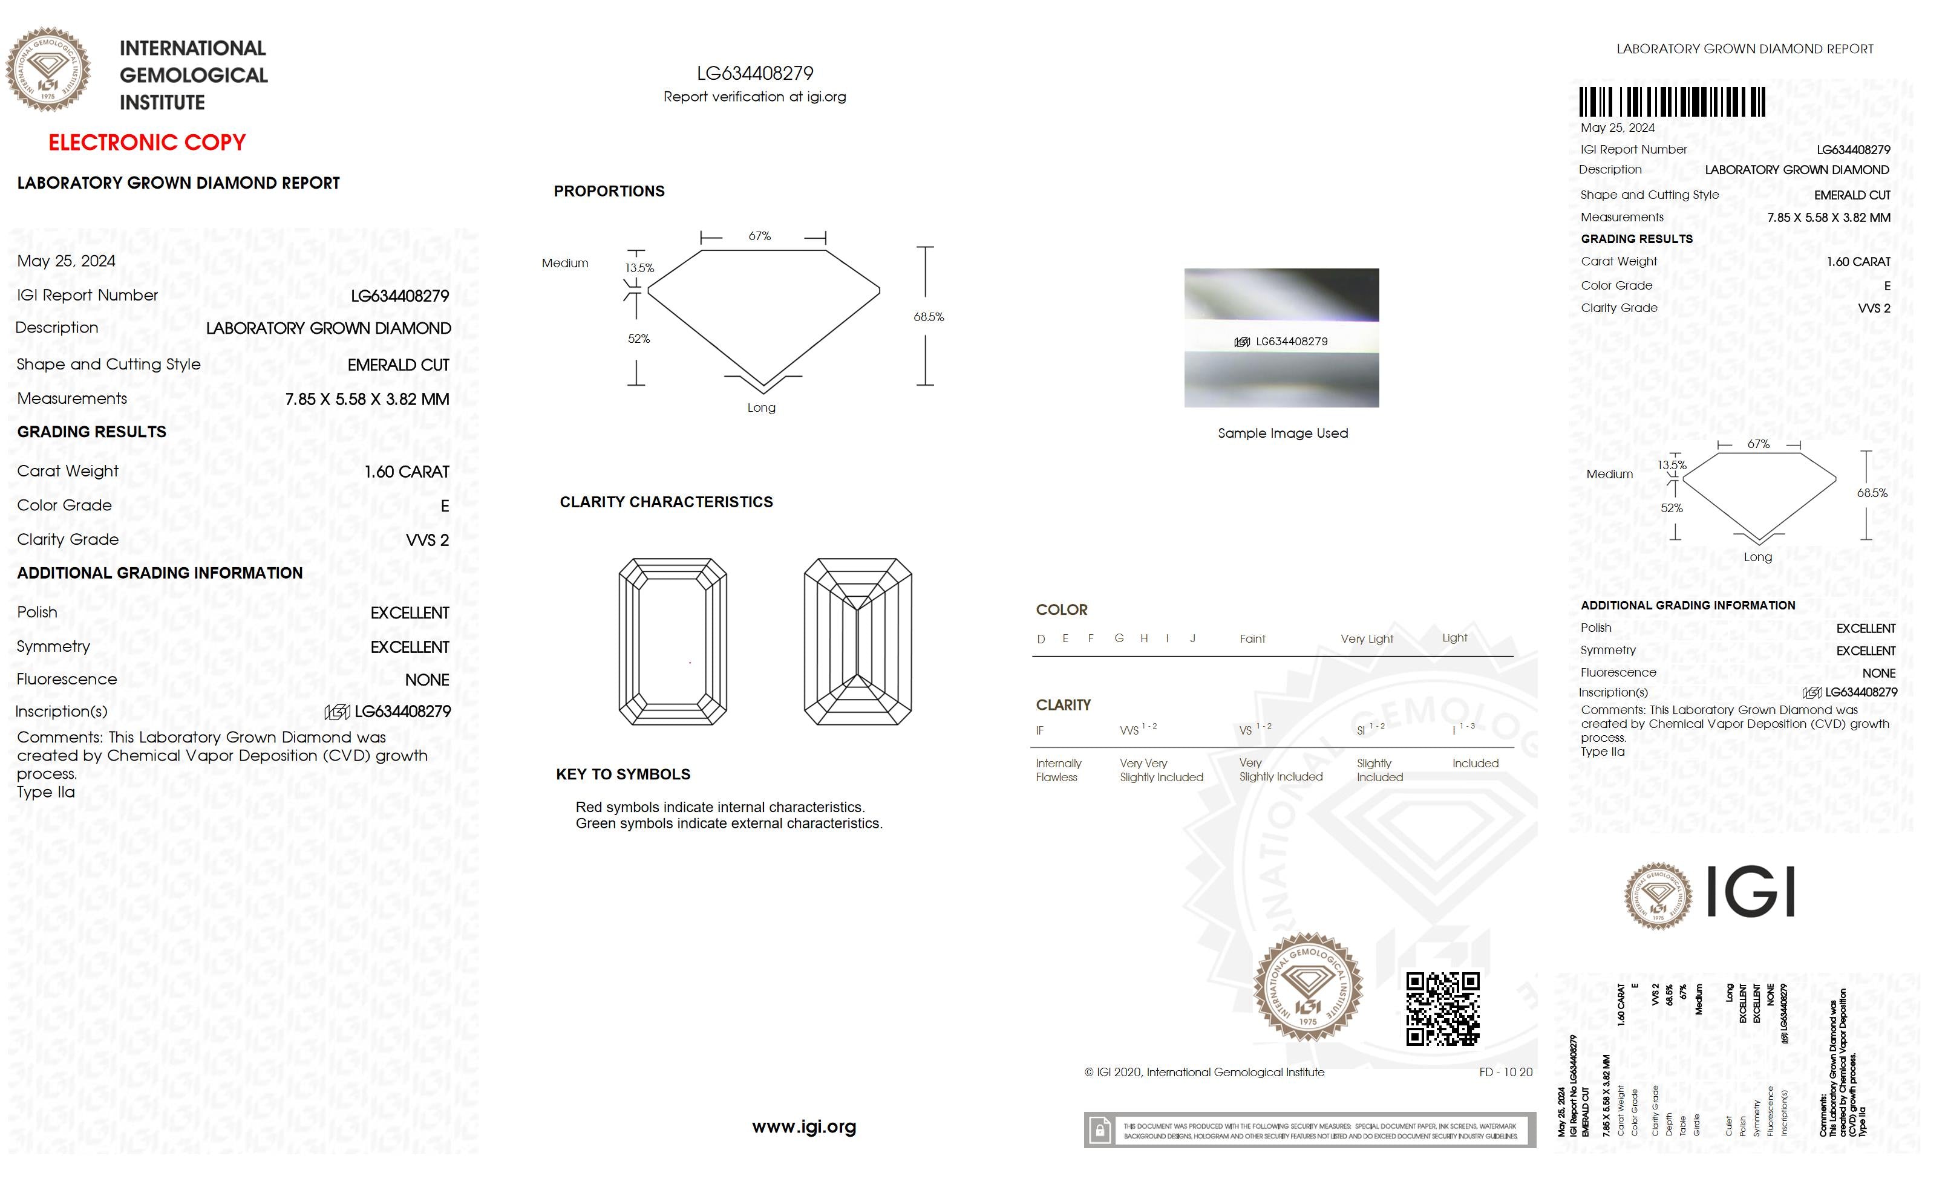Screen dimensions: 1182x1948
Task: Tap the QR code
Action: click(1442, 1009)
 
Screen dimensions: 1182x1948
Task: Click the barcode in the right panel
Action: click(1672, 103)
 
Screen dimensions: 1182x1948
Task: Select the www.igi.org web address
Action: click(803, 1127)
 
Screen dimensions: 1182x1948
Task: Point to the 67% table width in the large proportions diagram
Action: click(759, 236)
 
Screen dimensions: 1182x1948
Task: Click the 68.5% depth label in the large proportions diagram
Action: click(928, 317)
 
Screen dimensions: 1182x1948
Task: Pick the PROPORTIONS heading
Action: click(609, 191)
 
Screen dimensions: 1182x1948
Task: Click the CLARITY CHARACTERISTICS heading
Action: click(665, 502)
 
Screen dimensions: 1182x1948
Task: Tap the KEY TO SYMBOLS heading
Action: click(623, 774)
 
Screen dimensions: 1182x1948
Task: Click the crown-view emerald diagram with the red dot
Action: click(673, 641)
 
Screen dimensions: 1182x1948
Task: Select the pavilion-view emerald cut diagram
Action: click(858, 641)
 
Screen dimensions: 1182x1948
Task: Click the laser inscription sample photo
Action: click(1281, 338)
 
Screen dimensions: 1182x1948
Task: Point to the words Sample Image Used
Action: click(1283, 433)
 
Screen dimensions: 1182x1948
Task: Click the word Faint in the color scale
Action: click(1252, 639)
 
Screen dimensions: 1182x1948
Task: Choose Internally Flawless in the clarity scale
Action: click(1058, 770)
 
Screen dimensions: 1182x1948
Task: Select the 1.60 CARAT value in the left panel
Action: click(407, 472)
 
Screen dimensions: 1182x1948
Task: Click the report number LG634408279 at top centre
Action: click(754, 74)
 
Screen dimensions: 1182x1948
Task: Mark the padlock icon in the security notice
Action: click(1099, 1131)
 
